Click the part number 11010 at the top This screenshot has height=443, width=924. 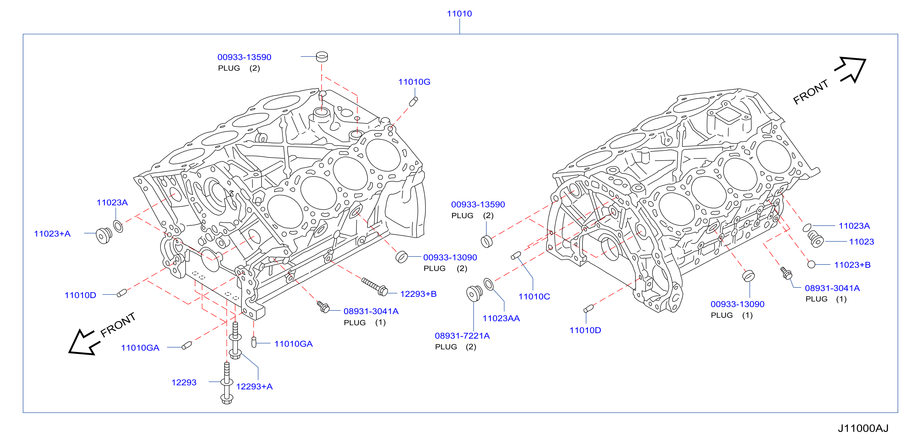[459, 14]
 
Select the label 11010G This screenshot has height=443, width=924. [414, 82]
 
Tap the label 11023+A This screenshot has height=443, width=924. [52, 234]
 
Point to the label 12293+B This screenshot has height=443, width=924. [418, 294]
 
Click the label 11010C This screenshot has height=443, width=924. [534, 296]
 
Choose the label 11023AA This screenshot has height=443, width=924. [501, 318]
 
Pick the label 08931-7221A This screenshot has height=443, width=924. [462, 336]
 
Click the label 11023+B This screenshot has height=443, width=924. [852, 265]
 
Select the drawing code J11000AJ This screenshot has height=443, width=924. [863, 428]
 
